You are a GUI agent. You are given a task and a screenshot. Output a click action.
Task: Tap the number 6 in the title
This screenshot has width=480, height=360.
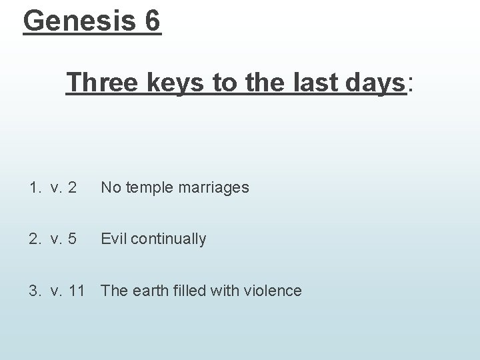pyautogui.click(x=151, y=21)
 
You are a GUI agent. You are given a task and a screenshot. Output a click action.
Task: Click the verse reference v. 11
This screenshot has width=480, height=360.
pyautogui.click(x=69, y=291)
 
